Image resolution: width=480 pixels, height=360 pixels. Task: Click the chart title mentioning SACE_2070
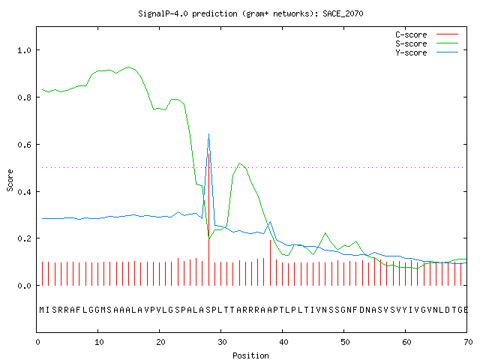click(x=250, y=13)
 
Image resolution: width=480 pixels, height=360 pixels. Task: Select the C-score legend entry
click(x=427, y=34)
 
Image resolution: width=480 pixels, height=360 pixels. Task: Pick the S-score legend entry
click(x=427, y=43)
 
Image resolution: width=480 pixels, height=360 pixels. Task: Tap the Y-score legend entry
click(x=427, y=52)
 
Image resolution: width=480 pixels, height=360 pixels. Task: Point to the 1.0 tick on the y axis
click(x=25, y=50)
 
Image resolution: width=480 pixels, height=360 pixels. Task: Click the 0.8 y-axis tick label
click(x=25, y=97)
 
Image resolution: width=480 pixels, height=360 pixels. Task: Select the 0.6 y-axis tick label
click(x=25, y=145)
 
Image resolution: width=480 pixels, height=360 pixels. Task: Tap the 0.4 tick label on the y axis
click(x=25, y=192)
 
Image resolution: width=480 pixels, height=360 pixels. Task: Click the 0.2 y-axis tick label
click(x=25, y=238)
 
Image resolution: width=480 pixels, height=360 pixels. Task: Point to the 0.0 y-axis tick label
click(x=25, y=286)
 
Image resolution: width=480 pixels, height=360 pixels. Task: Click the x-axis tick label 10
click(x=99, y=342)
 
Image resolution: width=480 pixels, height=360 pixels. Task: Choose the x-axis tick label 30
click(x=222, y=342)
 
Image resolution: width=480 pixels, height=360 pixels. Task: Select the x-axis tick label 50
click(x=345, y=342)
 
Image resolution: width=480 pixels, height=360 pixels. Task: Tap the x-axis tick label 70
click(x=468, y=342)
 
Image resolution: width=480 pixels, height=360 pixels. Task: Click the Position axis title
click(x=250, y=355)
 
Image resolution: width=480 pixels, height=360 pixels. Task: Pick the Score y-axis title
click(x=10, y=180)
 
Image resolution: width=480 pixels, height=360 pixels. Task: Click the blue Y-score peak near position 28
click(x=208, y=133)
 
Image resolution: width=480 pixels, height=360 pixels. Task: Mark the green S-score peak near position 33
click(x=239, y=163)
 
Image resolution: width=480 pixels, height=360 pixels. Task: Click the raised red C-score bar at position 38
click(x=270, y=262)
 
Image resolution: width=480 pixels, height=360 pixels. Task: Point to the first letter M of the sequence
click(x=42, y=310)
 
